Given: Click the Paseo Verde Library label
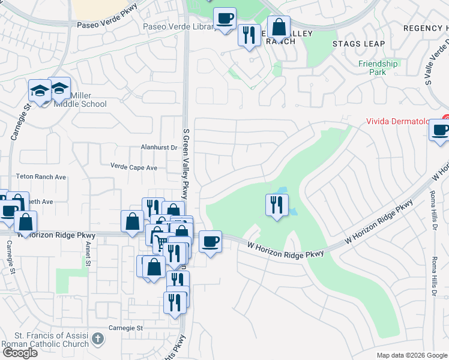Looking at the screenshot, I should [x=179, y=27].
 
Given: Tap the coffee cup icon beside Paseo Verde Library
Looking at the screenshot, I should [x=224, y=19].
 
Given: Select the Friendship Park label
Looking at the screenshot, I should [x=378, y=67].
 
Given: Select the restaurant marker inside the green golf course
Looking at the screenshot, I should [x=276, y=205].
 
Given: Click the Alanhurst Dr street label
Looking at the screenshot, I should [x=158, y=147].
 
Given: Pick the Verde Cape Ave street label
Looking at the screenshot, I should [x=133, y=167].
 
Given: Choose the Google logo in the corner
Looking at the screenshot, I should [x=20, y=352].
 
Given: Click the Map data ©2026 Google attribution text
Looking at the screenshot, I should [x=412, y=355].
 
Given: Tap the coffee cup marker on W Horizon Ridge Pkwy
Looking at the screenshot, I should [x=210, y=241].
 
